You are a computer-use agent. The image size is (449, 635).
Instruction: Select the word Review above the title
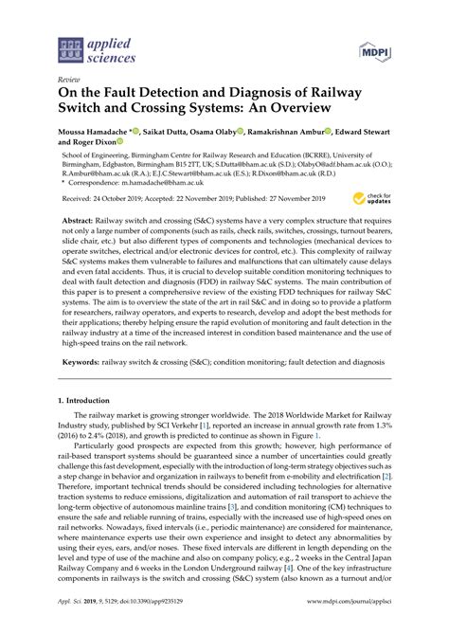[x=69, y=81]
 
